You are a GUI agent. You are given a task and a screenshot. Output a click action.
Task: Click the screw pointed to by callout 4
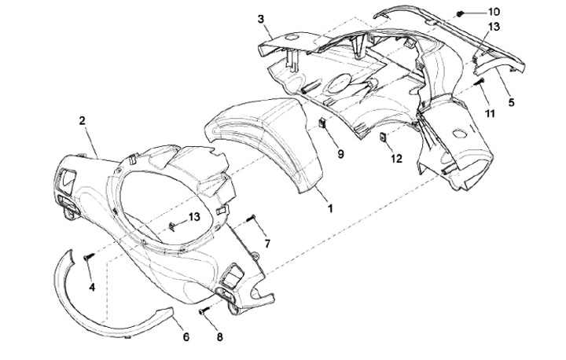coord(88,256)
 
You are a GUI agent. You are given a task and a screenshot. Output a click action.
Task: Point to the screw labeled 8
coord(203,312)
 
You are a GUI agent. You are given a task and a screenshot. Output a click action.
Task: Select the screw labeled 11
coord(479,83)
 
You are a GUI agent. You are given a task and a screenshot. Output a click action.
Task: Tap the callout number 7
coord(266,244)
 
